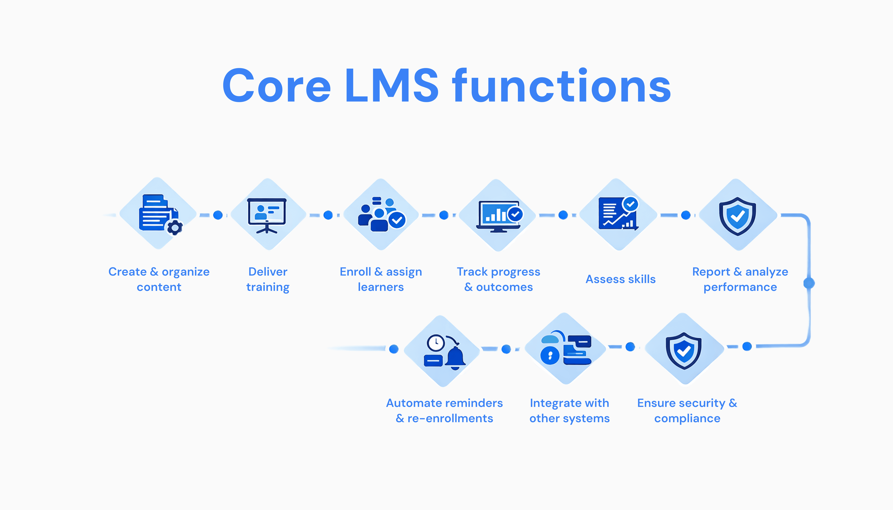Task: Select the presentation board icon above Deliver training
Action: click(267, 215)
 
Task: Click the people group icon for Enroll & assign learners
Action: click(381, 214)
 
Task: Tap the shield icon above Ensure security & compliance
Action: click(683, 350)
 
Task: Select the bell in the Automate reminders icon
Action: click(455, 357)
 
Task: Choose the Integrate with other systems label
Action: click(570, 410)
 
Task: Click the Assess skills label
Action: click(620, 279)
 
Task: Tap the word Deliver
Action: click(268, 272)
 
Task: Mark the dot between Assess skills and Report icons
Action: click(685, 215)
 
